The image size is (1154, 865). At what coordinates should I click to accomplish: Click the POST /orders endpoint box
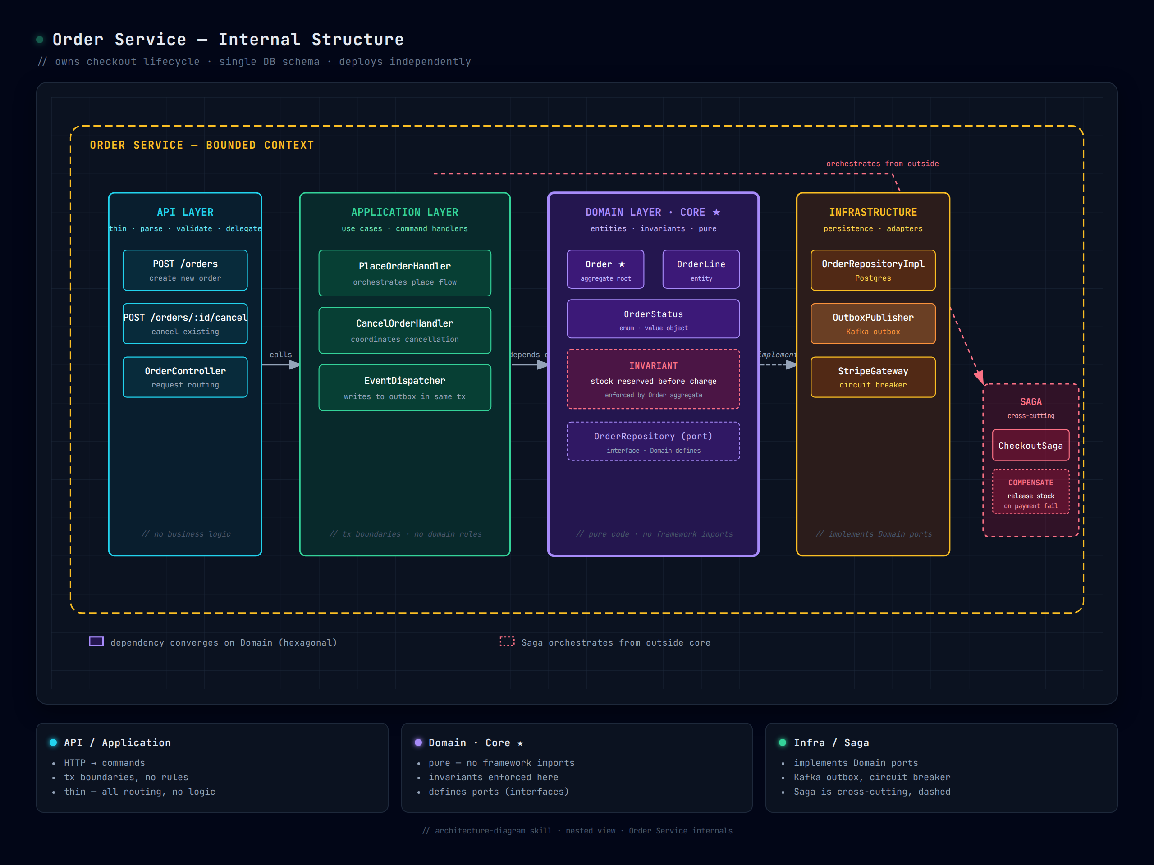click(x=185, y=270)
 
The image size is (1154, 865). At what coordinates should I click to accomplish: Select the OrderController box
click(x=185, y=377)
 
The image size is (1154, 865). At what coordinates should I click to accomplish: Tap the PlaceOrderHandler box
click(x=404, y=273)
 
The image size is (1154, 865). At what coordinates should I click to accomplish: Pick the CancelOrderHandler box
click(x=404, y=331)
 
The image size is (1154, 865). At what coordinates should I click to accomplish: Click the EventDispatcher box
click(x=404, y=388)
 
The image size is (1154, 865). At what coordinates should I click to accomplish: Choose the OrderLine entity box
click(x=701, y=269)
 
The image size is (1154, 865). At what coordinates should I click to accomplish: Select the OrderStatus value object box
click(x=653, y=319)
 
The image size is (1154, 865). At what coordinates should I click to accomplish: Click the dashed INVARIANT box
click(x=653, y=379)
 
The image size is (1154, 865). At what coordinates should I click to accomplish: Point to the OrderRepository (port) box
click(x=653, y=442)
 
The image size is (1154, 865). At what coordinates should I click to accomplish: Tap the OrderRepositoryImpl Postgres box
click(x=873, y=270)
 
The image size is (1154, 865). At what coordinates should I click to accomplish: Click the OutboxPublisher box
click(x=873, y=324)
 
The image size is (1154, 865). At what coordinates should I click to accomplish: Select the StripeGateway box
click(x=873, y=377)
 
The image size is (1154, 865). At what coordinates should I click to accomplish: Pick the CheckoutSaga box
click(x=1030, y=445)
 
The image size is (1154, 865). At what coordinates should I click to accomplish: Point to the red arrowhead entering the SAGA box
click(x=980, y=377)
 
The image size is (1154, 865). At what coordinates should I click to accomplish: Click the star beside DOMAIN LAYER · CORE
click(x=716, y=212)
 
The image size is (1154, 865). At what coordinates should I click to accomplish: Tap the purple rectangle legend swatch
click(x=96, y=642)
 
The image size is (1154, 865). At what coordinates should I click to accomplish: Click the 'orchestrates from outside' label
click(x=882, y=164)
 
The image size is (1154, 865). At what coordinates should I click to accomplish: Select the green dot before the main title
click(x=40, y=40)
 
